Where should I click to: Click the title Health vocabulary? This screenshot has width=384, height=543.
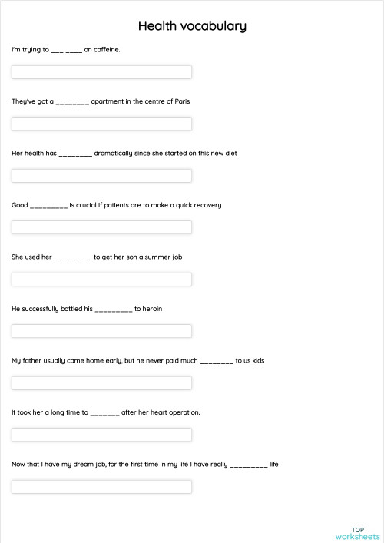click(192, 26)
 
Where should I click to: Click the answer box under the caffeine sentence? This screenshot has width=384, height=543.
click(101, 72)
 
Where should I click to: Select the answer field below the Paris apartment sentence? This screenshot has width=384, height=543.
click(101, 124)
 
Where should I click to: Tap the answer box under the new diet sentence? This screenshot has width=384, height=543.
click(101, 176)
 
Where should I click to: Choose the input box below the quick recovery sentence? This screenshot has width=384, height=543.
click(101, 227)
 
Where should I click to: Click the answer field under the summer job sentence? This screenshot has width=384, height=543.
click(101, 280)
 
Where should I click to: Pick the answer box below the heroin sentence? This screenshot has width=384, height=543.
click(101, 331)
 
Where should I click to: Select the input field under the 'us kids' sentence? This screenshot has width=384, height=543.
click(101, 383)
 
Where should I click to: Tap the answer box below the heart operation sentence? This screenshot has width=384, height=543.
click(101, 435)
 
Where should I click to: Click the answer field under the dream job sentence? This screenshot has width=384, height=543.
click(101, 487)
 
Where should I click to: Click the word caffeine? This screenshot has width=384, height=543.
click(107, 50)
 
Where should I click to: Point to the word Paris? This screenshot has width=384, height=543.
click(183, 101)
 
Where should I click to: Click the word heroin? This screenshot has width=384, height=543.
click(152, 309)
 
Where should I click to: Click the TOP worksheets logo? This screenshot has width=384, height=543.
click(358, 533)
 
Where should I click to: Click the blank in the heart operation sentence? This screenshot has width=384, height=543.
click(104, 413)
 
